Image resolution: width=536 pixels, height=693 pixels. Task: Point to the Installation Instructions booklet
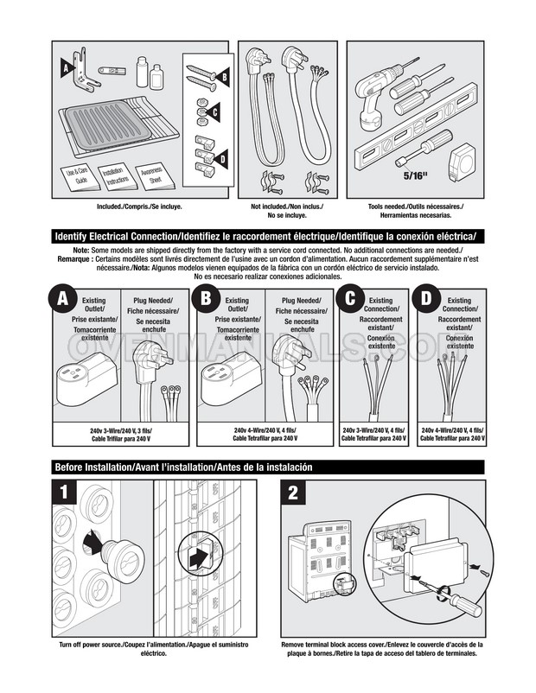[115, 177]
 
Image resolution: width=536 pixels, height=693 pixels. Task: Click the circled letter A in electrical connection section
[62, 300]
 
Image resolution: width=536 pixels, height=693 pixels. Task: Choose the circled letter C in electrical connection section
[348, 300]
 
